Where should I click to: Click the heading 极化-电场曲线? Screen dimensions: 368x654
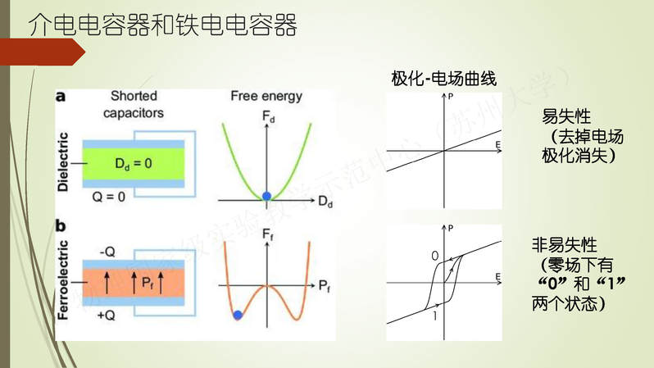443,79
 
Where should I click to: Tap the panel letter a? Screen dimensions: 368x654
61,96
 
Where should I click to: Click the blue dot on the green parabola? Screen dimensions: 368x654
266,196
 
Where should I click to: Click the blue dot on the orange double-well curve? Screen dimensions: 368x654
238,315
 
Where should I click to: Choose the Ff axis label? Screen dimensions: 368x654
267,236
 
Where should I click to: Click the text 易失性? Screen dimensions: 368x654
566,116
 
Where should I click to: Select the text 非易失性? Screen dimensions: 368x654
565,244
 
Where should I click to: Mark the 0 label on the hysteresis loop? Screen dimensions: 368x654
434,257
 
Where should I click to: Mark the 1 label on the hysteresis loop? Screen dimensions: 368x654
434,316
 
